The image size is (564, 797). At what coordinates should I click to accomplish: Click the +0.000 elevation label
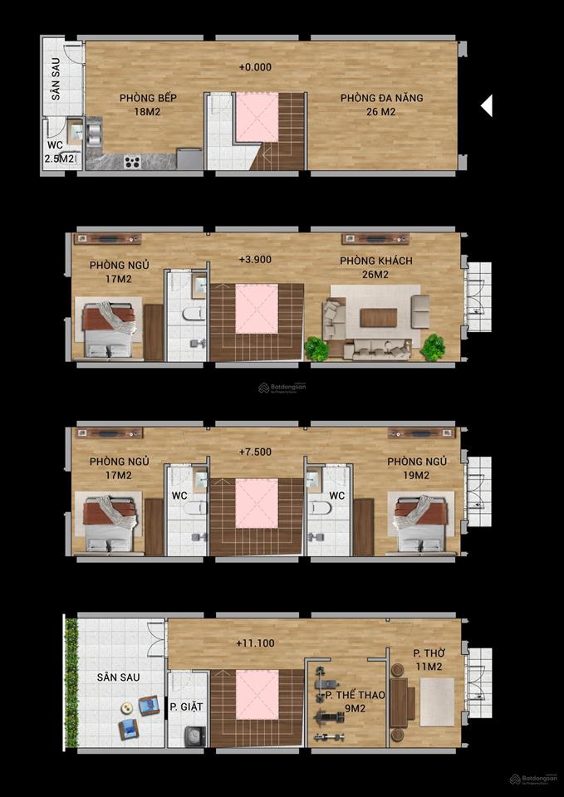pos(255,67)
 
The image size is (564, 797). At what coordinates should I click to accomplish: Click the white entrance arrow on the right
pos(487,105)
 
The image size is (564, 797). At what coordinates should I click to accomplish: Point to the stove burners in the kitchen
pos(132,162)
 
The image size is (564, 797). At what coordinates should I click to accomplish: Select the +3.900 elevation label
pos(255,259)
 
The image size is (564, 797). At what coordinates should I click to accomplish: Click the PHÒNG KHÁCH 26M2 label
pos(375,267)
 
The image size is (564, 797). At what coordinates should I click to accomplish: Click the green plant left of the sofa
pos(316,348)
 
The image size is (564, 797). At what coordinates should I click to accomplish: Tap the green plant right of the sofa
pos(432,347)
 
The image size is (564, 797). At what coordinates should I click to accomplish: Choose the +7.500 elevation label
pos(255,452)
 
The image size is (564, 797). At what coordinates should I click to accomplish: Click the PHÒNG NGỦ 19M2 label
pos(417,468)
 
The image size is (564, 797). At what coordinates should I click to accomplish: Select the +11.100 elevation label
pos(255,643)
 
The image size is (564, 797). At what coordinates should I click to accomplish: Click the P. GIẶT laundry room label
pos(187,707)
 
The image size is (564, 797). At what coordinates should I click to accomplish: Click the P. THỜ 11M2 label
pos(429,659)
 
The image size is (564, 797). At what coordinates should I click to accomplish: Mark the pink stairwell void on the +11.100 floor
pos(256,692)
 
